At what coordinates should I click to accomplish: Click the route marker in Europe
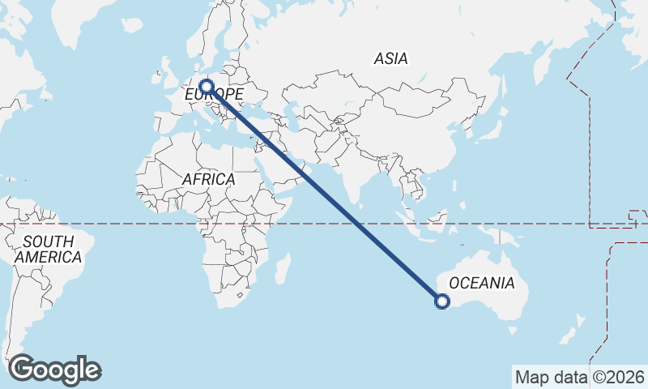point(207,86)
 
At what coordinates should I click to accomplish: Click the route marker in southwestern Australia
point(442,301)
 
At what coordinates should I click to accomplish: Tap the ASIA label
point(391,58)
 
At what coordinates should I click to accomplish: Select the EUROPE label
point(215,96)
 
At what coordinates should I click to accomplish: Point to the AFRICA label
point(208,179)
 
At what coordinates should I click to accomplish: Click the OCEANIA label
point(481,283)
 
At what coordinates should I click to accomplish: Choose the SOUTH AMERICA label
point(49,250)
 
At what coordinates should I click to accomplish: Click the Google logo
point(55,370)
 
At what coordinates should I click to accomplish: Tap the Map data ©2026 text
point(579,377)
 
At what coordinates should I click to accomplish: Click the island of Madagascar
point(283,267)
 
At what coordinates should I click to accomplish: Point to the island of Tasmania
point(513,330)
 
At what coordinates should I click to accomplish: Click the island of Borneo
point(438,220)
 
